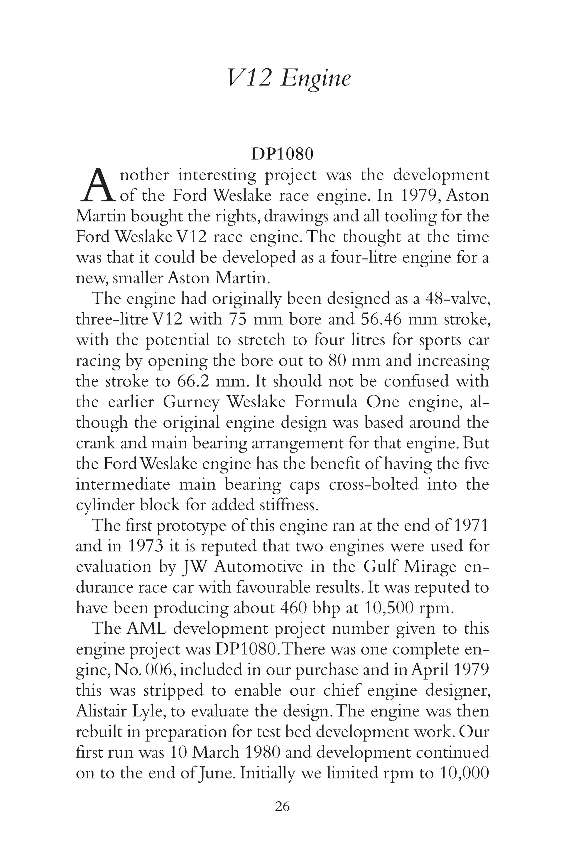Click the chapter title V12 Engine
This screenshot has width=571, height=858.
pyautogui.click(x=289, y=78)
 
